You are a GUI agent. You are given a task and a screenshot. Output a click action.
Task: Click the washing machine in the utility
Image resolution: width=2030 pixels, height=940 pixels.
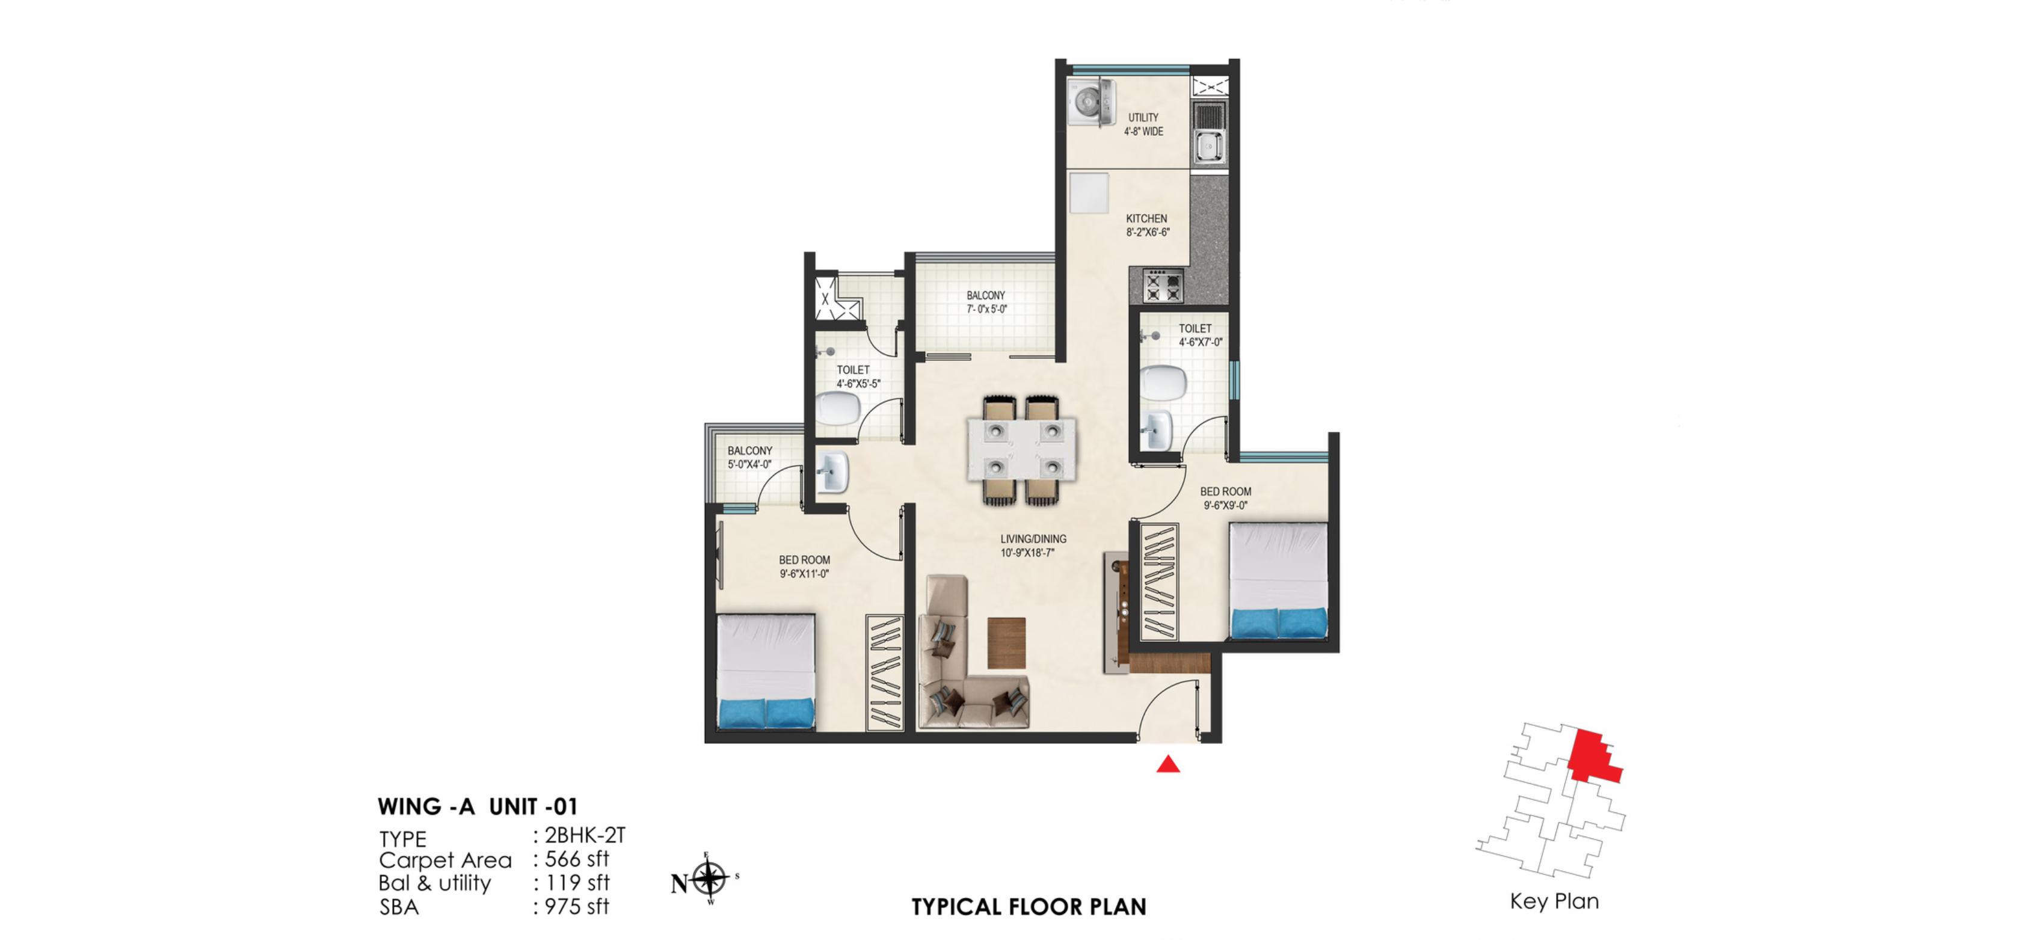[1092, 102]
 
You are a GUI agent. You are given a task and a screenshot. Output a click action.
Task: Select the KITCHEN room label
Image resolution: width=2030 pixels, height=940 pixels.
[1146, 218]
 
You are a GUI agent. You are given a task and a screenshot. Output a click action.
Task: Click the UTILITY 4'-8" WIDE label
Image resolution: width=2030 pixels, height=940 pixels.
[1143, 124]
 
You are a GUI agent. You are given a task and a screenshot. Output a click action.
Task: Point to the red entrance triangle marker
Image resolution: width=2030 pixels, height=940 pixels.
[1168, 764]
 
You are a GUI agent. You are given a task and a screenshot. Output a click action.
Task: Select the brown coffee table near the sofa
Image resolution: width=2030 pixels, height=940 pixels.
[1006, 643]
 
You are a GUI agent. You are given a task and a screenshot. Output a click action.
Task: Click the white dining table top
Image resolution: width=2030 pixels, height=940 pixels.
[1022, 450]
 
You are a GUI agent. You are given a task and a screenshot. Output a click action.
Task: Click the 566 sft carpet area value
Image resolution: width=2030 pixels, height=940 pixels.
[577, 859]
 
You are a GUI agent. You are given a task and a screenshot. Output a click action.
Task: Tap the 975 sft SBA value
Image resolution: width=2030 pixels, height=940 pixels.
[577, 907]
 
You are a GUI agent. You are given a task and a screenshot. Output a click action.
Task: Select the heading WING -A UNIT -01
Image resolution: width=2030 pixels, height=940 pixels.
[478, 807]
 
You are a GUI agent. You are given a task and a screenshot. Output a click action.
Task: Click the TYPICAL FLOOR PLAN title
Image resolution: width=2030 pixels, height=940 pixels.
[1029, 907]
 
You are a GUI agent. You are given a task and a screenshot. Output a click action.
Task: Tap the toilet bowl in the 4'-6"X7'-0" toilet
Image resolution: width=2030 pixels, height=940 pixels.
[1163, 383]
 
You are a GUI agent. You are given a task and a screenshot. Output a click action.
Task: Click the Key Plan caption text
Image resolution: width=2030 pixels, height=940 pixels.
[1553, 902]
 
